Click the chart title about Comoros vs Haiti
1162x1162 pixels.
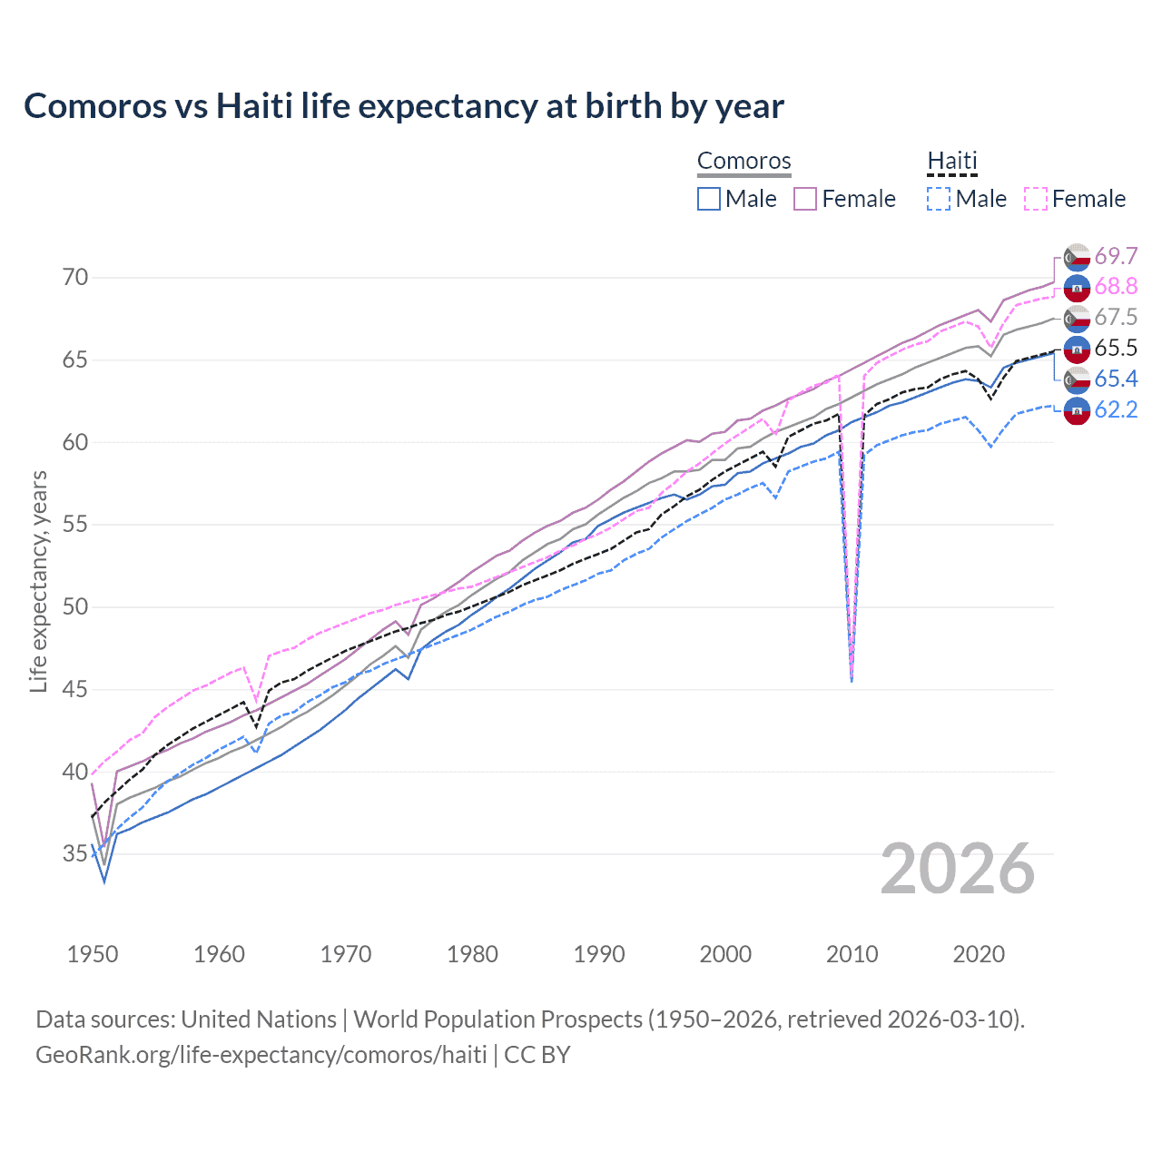(x=403, y=106)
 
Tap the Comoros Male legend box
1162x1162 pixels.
(x=709, y=199)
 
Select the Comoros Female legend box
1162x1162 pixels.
(x=805, y=199)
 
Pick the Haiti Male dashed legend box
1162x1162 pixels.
(x=939, y=199)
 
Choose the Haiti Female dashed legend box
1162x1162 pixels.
(x=1036, y=199)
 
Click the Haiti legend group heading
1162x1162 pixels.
(x=951, y=162)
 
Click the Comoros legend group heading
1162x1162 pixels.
(x=743, y=162)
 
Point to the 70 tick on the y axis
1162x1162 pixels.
(x=75, y=277)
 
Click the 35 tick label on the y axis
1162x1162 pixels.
(x=75, y=853)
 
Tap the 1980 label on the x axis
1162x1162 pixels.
(x=472, y=954)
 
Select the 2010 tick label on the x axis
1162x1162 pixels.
(x=852, y=954)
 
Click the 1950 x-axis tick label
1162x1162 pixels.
(x=93, y=954)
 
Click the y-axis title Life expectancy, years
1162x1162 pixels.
(x=39, y=581)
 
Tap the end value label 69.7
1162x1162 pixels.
(x=1116, y=256)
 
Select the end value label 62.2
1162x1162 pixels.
(x=1116, y=409)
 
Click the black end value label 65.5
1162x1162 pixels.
(x=1116, y=348)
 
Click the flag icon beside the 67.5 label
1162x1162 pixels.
(x=1077, y=318)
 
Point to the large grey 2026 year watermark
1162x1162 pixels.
(x=957, y=869)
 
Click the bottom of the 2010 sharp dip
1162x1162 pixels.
(x=851, y=679)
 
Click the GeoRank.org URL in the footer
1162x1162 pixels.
(x=261, y=1055)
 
